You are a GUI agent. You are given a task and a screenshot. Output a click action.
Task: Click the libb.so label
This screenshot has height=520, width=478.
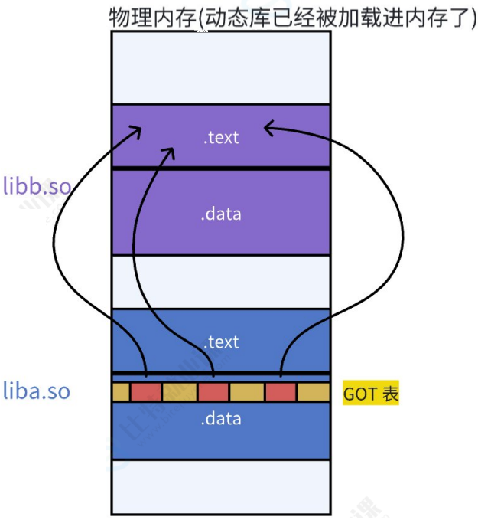point(37,186)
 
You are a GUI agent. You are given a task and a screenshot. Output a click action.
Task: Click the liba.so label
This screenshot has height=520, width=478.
point(37,391)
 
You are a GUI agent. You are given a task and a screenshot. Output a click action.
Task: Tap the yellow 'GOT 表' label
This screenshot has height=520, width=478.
point(371,394)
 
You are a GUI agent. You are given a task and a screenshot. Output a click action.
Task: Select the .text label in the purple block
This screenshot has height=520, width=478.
point(221,138)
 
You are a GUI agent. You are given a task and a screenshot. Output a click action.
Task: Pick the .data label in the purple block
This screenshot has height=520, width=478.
point(221,214)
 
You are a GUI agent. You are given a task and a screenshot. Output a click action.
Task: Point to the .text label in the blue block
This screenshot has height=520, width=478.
point(221,342)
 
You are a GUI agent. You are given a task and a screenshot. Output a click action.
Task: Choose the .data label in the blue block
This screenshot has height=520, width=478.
point(221,419)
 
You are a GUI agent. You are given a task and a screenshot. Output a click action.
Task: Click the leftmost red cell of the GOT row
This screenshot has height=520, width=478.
point(145,392)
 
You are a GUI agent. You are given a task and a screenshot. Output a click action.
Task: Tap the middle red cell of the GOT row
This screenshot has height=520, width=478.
point(213,392)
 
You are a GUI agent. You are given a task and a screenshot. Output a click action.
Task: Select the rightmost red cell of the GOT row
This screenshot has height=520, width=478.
point(281,392)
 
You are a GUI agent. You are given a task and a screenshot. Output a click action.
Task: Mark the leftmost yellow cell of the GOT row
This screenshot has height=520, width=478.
point(121,392)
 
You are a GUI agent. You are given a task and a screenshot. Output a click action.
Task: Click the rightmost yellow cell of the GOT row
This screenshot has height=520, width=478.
point(313,392)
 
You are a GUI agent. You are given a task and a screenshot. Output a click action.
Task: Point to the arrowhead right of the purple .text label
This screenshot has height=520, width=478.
point(270,127)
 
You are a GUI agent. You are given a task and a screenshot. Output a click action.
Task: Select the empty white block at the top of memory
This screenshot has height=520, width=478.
point(221,67)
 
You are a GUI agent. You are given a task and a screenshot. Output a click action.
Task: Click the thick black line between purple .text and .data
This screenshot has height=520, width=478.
point(221,168)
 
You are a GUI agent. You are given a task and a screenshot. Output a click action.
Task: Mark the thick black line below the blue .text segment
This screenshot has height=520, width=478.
point(221,374)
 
